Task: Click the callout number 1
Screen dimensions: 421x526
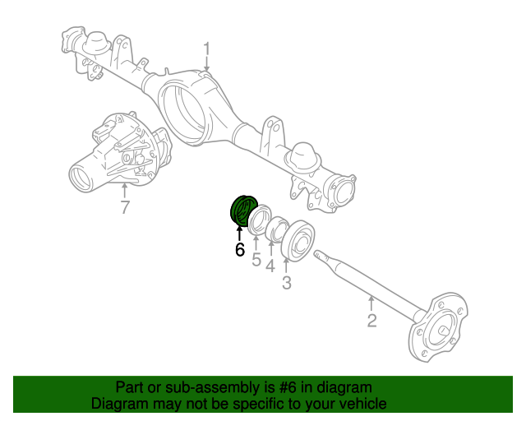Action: (207, 49)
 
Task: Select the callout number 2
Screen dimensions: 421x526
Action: (371, 321)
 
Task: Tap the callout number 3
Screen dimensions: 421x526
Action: (286, 284)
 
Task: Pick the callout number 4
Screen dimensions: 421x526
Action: (270, 265)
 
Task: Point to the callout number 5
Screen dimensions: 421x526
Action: (256, 261)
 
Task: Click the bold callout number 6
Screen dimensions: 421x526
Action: (240, 250)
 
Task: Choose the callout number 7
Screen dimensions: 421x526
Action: (124, 207)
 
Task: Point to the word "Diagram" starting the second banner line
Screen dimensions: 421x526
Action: (119, 404)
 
